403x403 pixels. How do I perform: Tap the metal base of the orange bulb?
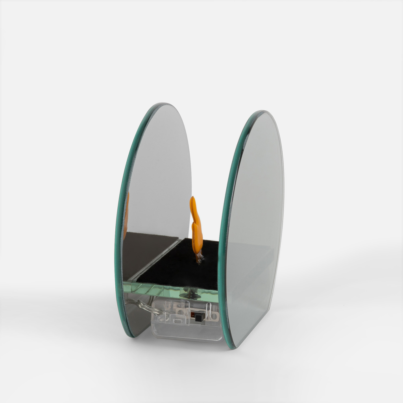click(200, 258)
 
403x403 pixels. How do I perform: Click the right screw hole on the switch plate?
click(215, 316)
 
